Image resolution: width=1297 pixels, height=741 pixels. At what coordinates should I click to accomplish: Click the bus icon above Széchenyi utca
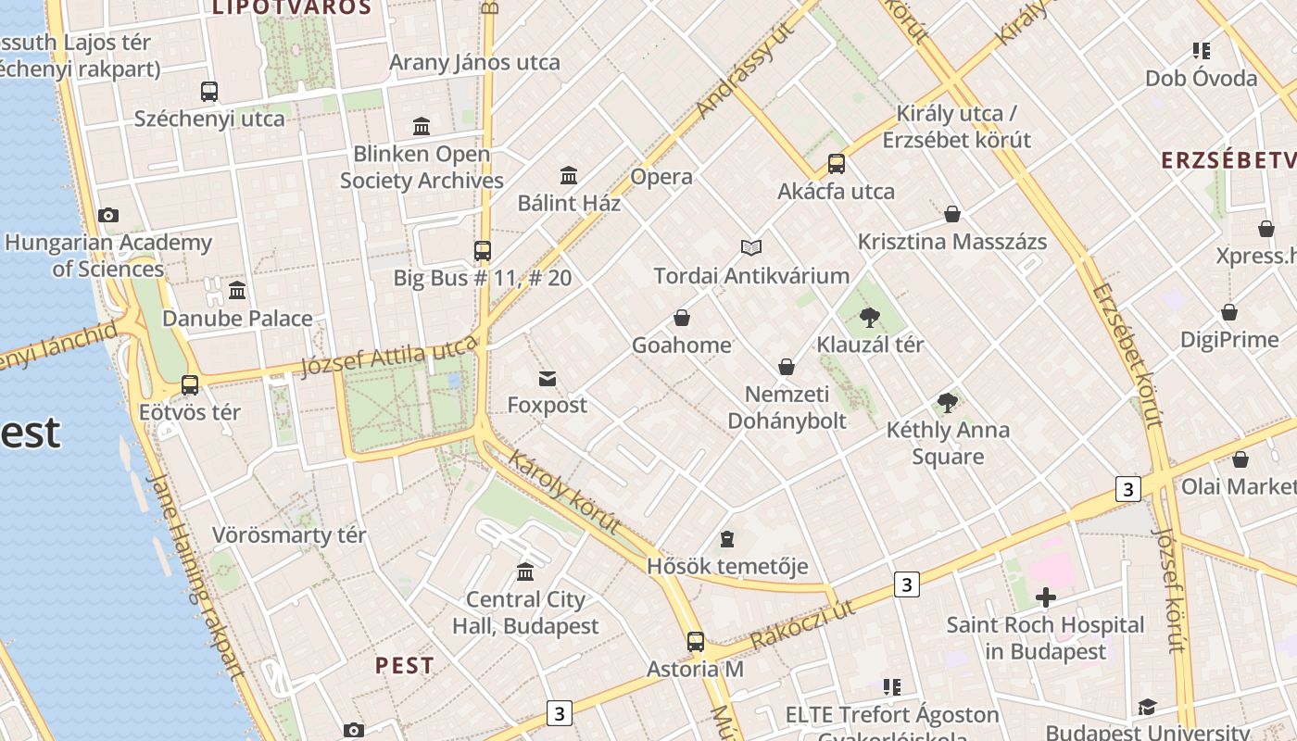(x=209, y=91)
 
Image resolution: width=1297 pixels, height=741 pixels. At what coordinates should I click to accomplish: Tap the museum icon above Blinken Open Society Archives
(x=422, y=126)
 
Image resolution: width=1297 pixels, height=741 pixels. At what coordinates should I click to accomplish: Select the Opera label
(x=661, y=177)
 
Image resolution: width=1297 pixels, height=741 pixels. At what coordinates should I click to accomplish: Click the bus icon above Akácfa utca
(x=837, y=164)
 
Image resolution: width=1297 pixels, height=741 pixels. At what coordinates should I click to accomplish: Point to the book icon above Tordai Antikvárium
(x=751, y=247)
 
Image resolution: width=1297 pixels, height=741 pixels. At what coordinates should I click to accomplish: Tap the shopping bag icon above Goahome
(x=682, y=318)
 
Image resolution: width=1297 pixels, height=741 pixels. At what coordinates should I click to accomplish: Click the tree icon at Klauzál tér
(x=869, y=318)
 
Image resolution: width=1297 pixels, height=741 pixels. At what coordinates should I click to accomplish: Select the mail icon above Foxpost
(x=548, y=378)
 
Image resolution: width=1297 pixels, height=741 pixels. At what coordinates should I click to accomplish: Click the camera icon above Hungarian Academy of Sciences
(x=108, y=215)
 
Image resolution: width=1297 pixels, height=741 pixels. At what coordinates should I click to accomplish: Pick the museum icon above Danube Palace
(x=237, y=291)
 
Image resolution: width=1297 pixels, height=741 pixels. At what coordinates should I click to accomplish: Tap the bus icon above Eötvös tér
(x=190, y=385)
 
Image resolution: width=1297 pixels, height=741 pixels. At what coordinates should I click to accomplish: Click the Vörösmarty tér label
(x=289, y=535)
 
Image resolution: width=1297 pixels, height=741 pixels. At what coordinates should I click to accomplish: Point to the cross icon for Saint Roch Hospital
(x=1046, y=597)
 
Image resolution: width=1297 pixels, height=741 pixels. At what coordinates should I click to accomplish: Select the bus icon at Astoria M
(x=696, y=641)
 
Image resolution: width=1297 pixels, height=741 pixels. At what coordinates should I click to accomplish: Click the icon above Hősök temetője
(x=727, y=538)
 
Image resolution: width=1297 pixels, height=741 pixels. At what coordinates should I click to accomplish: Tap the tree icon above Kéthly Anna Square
(x=947, y=402)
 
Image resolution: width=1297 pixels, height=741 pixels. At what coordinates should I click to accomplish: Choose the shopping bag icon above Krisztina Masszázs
(x=952, y=215)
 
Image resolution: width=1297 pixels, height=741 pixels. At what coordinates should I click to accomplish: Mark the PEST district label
(x=405, y=665)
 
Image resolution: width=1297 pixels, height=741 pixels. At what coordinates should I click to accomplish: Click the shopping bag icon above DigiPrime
(x=1229, y=312)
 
